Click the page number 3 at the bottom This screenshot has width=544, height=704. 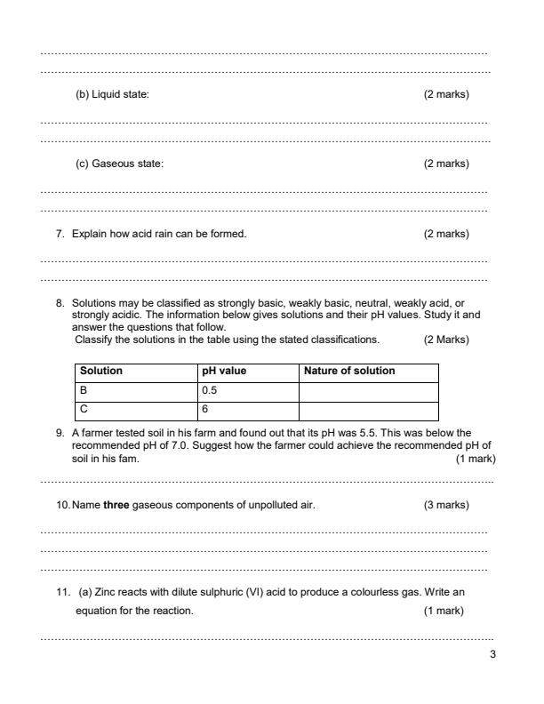click(x=492, y=655)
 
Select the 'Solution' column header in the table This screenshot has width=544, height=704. click(x=101, y=371)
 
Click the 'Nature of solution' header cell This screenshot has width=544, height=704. click(x=349, y=371)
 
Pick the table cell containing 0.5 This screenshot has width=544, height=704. click(x=210, y=390)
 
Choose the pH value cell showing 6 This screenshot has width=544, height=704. click(x=205, y=410)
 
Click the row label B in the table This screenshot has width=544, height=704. click(x=84, y=390)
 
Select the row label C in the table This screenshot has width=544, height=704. click(x=84, y=410)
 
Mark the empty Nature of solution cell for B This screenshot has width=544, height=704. click(x=368, y=390)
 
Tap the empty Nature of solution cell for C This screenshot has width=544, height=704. click(x=368, y=410)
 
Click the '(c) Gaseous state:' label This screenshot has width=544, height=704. click(x=119, y=164)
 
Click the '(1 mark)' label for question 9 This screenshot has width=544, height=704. click(x=475, y=459)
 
